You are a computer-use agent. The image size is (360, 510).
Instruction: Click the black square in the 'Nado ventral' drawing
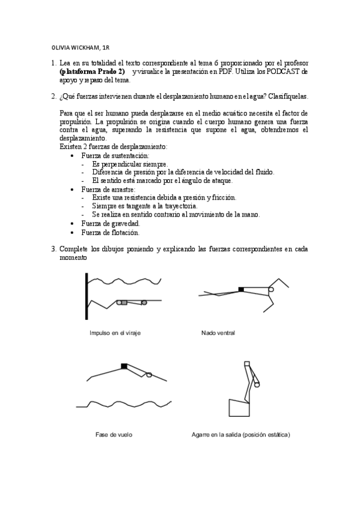click(242, 289)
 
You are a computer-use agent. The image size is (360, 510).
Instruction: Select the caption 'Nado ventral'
click(218, 333)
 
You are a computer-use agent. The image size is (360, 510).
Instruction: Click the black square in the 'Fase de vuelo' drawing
click(124, 366)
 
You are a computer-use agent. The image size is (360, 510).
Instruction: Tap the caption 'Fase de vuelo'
click(114, 434)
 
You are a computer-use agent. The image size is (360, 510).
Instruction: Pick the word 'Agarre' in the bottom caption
click(201, 434)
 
